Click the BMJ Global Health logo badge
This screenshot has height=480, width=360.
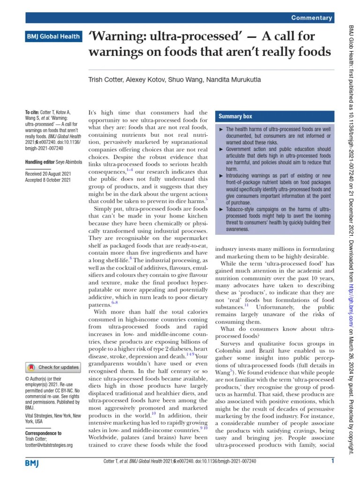[x=53, y=36]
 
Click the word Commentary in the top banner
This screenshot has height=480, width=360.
[x=311, y=18]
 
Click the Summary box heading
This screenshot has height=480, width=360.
[x=235, y=116]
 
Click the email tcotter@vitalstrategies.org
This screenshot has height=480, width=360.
[x=49, y=445]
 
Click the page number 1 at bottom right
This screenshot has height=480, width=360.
[x=332, y=462]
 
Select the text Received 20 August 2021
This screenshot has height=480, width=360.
[x=48, y=173]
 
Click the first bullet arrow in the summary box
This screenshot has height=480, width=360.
[x=221, y=129]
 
